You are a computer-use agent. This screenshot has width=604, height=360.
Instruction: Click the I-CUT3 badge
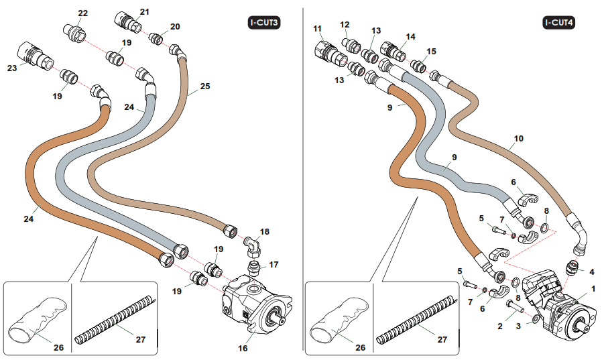[263, 23]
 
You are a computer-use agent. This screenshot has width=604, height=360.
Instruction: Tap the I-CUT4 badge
[558, 23]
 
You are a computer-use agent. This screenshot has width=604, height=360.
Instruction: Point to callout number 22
[82, 13]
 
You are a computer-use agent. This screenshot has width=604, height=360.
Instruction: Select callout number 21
[145, 11]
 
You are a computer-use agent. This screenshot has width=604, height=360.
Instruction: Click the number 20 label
[175, 27]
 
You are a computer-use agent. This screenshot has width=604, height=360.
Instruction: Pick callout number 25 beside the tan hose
[205, 86]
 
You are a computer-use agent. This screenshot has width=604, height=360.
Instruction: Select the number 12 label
[345, 25]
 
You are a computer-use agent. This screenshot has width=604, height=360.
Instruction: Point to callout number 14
[410, 36]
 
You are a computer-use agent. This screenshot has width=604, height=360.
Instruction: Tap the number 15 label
[431, 51]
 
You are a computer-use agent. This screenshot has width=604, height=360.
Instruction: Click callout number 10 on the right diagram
[518, 139]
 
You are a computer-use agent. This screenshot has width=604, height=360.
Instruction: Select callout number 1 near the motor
[593, 289]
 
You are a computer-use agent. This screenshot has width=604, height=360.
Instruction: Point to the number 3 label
[518, 326]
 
